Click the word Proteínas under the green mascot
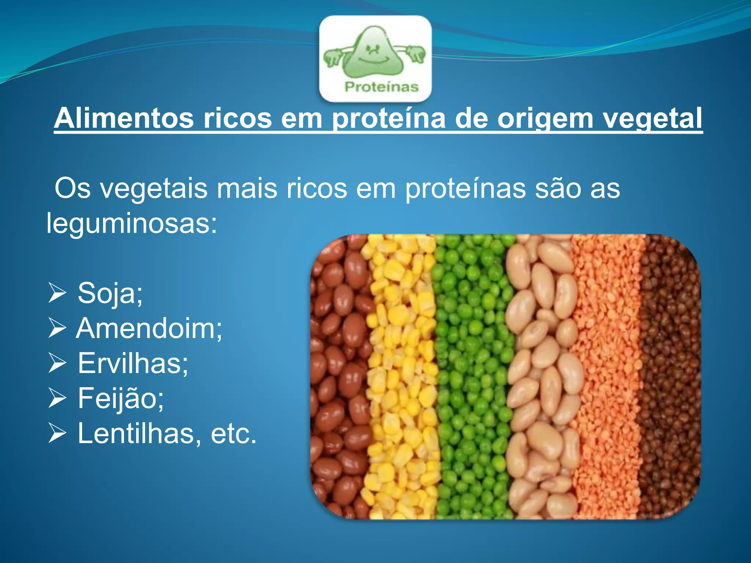(381, 87)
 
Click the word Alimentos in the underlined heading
(124, 118)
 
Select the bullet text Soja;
(110, 293)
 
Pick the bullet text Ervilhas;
(133, 363)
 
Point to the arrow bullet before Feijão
(57, 399)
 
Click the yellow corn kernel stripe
(402, 378)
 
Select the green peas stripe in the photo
(471, 378)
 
